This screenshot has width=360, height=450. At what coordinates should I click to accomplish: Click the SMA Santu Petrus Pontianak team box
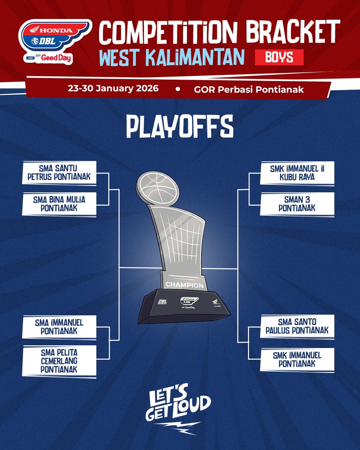(59, 173)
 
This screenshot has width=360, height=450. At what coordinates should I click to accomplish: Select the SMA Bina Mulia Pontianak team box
(59, 204)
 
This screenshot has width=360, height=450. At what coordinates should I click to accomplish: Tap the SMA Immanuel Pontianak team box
(59, 327)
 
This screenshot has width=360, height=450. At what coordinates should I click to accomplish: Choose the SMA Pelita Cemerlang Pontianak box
(59, 361)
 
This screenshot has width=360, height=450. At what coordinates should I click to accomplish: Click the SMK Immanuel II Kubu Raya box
(297, 173)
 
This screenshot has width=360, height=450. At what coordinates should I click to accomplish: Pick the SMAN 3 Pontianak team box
(297, 204)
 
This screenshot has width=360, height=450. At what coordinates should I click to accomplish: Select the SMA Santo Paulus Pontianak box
(297, 326)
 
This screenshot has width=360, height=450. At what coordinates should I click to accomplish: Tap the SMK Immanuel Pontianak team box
(297, 360)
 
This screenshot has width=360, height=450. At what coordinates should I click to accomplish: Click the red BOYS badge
(279, 57)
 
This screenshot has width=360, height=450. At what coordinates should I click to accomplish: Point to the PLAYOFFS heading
(180, 127)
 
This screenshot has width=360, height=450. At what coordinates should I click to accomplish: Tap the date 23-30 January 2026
(113, 88)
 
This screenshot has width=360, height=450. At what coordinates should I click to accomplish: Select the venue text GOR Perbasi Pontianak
(249, 90)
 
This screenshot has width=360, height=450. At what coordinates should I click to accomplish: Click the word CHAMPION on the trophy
(184, 285)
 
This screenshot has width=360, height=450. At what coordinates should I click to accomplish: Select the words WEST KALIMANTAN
(172, 57)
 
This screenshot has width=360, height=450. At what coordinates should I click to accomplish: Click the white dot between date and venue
(178, 89)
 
